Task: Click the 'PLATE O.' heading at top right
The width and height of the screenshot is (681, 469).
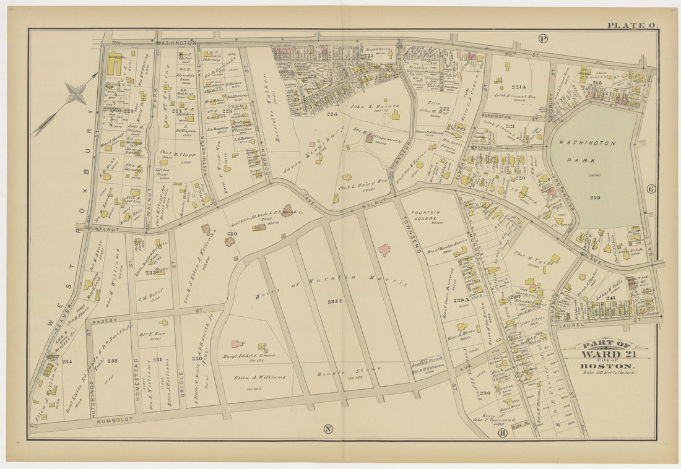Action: (x=632, y=25)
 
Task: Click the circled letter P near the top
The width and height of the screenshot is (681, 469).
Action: (x=543, y=38)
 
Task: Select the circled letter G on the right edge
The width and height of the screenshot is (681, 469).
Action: (x=651, y=189)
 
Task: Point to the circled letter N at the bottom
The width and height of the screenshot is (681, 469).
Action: (x=328, y=429)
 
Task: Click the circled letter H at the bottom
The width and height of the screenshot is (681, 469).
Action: (x=502, y=433)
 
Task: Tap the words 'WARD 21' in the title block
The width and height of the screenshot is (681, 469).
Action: (x=607, y=354)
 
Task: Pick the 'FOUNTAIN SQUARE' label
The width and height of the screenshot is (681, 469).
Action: (x=432, y=218)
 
